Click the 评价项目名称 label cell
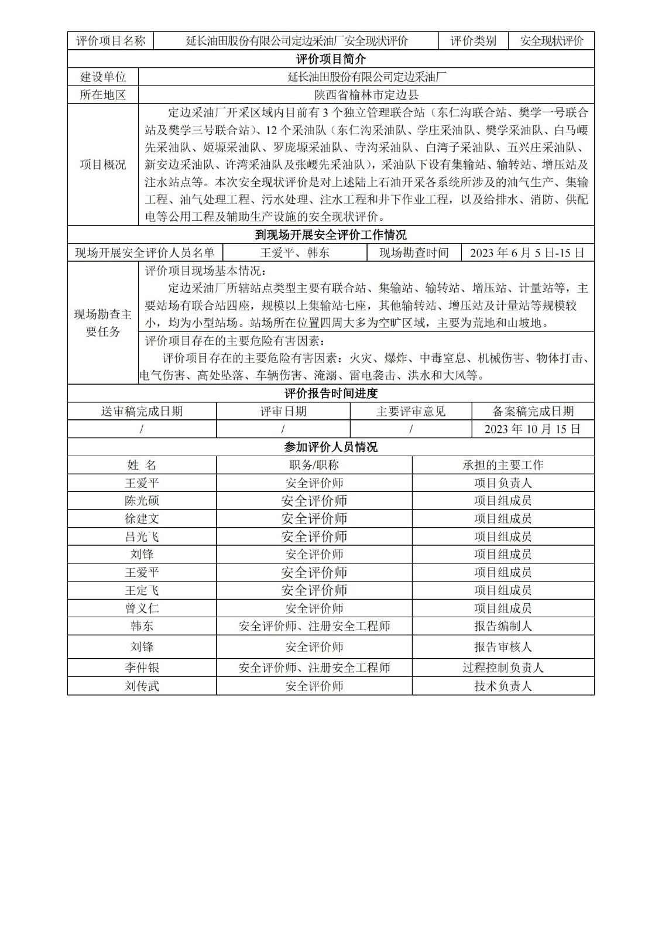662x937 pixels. pos(111,41)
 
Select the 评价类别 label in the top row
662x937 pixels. pos(473,41)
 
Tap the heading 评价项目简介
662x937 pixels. pos(331,59)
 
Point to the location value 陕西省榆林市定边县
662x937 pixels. pos(366,95)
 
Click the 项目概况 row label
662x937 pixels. pos(103,165)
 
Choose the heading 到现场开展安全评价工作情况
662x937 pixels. pos(331,235)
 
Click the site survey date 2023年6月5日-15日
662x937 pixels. pos(527,253)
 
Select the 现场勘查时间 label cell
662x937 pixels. pos(414,253)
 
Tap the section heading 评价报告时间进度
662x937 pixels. pos(331,394)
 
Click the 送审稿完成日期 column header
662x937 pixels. pos(142,412)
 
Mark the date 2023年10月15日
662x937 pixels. pos(533,429)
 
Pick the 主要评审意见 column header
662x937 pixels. pos(411,412)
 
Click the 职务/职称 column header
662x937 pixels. pos(314,465)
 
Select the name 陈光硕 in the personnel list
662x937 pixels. pos(142,501)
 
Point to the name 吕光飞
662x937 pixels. pos(142,536)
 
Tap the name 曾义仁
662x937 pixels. pos(142,608)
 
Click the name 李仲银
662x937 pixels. pos(142,668)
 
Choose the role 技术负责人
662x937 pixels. pos(503,686)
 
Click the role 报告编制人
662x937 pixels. pos(503,626)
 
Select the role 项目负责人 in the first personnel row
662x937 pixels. pos(503,483)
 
